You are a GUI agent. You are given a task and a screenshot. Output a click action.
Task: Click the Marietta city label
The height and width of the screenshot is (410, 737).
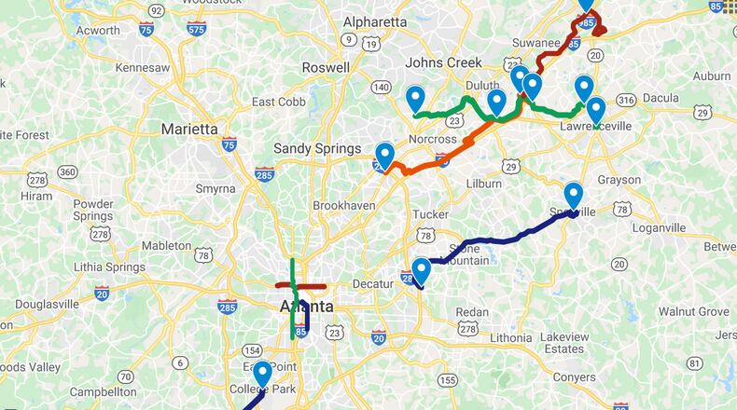pyautogui.click(x=189, y=129)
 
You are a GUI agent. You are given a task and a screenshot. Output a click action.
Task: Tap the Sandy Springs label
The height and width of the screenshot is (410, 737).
pyautogui.click(x=316, y=148)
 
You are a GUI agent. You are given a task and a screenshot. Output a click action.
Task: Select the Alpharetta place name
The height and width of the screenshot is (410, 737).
pyautogui.click(x=375, y=21)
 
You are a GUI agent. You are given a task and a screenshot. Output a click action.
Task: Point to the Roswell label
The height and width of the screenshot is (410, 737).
pyautogui.click(x=326, y=67)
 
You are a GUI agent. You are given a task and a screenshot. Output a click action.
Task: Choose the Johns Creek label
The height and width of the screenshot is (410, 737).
pyautogui.click(x=443, y=62)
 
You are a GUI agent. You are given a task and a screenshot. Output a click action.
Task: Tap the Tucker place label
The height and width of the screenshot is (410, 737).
pyautogui.click(x=430, y=214)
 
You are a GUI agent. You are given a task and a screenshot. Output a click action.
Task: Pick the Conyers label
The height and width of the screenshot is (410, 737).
pyautogui.click(x=572, y=377)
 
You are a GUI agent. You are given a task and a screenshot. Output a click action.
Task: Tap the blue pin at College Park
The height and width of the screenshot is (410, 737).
pyautogui.click(x=263, y=375)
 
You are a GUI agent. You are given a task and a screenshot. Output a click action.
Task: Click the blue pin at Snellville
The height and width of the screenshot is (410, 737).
pyautogui.click(x=573, y=196)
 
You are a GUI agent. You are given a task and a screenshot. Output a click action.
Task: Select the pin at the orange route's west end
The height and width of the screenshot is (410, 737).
pyautogui.click(x=384, y=156)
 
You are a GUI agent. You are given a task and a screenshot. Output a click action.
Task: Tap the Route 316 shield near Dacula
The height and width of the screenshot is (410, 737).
pyautogui.click(x=626, y=100)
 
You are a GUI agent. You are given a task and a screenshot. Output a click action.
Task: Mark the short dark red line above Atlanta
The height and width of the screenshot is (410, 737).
pyautogui.click(x=299, y=286)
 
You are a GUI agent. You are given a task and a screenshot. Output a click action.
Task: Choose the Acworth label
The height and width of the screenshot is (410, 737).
pyautogui.click(x=97, y=31)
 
